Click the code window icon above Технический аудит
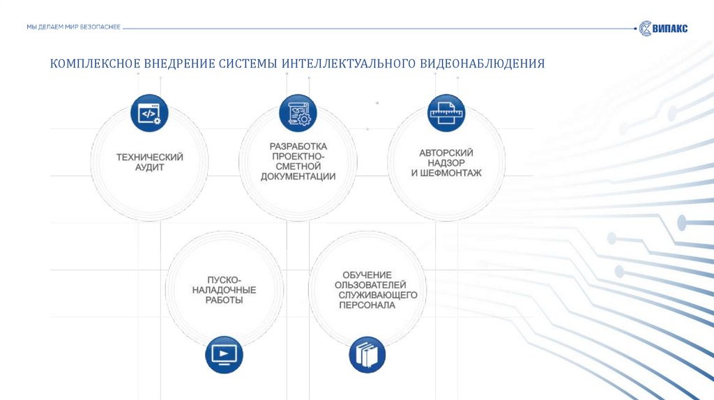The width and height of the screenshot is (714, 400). coord(149,113)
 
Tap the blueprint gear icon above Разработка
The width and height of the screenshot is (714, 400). coord(298,113)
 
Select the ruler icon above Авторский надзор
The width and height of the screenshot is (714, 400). coord(446,113)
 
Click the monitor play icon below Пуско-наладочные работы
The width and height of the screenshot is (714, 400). coord(223,354)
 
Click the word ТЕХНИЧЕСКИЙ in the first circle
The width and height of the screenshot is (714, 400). coord(149,157)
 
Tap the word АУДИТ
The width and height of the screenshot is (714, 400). coord(149,168)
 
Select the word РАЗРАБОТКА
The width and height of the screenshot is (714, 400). coord(298,146)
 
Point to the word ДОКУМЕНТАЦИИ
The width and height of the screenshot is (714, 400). coord(298,177)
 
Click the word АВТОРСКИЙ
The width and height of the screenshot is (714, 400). coord(446,153)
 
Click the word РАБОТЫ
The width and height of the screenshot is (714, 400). coord(224,300)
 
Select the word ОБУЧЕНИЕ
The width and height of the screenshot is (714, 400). coord(367,275)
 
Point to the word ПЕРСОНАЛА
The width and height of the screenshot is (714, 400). coord(367,305)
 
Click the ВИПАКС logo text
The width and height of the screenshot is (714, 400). coord(670,28)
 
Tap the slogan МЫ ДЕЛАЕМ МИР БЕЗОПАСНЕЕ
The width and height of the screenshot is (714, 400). coord(73,26)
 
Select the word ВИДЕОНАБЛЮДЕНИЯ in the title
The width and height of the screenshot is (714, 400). coord(481,64)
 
